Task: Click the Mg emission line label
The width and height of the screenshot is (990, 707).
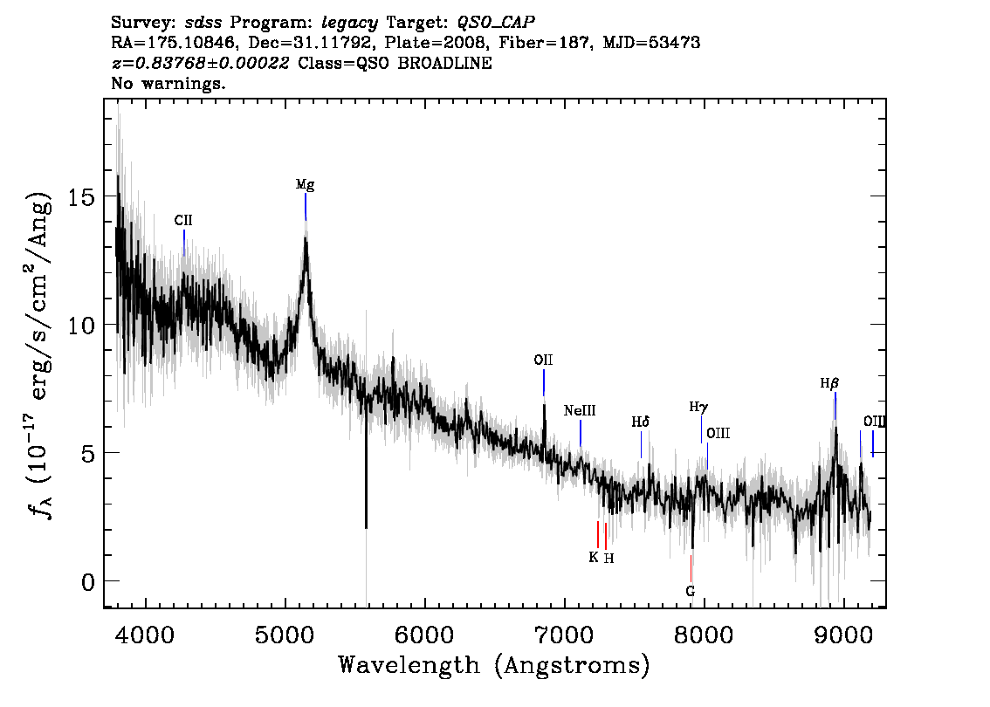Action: click(305, 184)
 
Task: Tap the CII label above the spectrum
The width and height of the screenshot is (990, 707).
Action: click(183, 220)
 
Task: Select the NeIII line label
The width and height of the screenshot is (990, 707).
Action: click(580, 411)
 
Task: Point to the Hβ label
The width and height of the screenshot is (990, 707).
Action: click(829, 383)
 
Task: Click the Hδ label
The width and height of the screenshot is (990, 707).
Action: click(640, 422)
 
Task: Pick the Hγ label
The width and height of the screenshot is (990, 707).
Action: click(698, 407)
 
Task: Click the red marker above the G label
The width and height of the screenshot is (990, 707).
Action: click(691, 568)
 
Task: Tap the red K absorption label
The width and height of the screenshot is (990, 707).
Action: click(594, 557)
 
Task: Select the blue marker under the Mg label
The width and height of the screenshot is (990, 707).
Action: click(306, 207)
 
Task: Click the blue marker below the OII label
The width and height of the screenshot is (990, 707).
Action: click(544, 382)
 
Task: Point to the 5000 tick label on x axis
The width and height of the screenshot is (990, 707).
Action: click(285, 635)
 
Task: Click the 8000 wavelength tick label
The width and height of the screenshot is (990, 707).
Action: click(704, 635)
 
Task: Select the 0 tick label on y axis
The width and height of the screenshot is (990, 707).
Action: click(88, 582)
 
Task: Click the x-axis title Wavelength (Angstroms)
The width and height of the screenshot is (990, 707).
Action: click(494, 665)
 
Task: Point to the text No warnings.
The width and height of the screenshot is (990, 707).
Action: click(168, 83)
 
